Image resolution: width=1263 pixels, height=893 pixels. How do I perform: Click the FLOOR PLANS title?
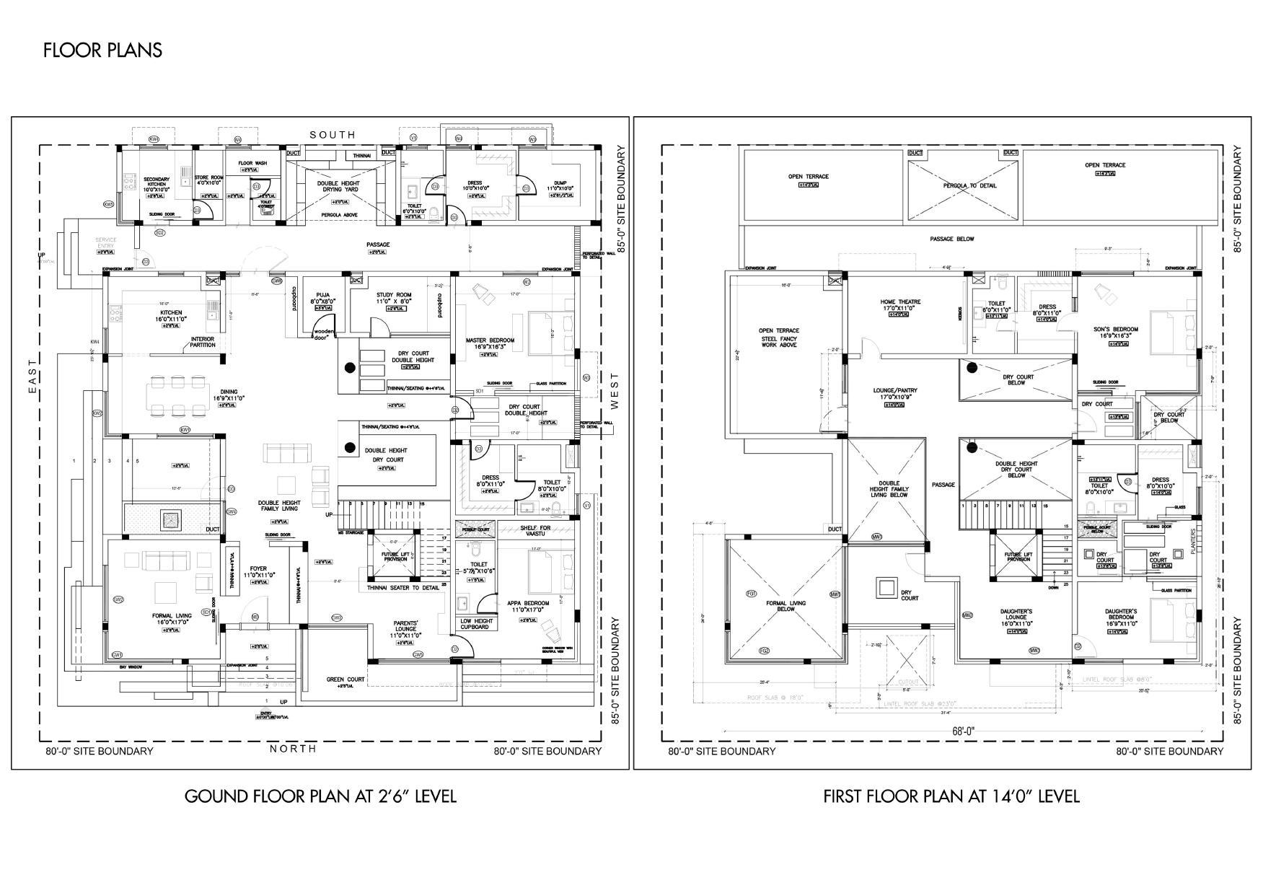click(x=102, y=50)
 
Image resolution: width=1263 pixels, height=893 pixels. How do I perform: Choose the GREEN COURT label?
click(x=346, y=679)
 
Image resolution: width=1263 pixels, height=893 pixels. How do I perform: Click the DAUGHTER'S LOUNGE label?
click(x=1016, y=615)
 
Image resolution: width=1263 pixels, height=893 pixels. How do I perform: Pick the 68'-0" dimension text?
click(x=963, y=731)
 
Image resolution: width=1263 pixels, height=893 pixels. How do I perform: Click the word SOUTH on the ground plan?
click(x=333, y=135)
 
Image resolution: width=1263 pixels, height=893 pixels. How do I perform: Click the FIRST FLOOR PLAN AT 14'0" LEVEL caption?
click(x=951, y=796)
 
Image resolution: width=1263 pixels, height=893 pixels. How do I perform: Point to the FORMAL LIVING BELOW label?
click(x=785, y=606)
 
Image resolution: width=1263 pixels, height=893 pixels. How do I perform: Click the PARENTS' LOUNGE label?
click(x=406, y=628)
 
